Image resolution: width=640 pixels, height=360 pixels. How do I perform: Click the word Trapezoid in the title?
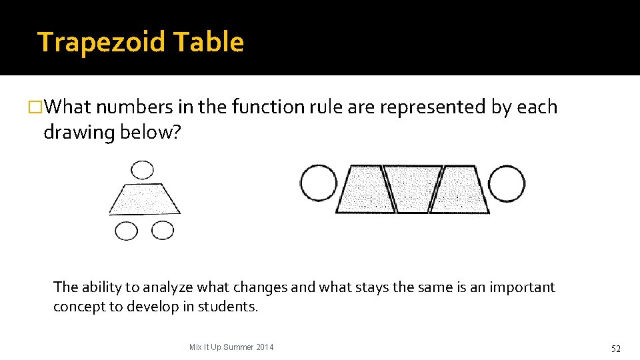(x=101, y=42)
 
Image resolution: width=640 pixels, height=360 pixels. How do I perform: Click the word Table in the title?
(x=208, y=42)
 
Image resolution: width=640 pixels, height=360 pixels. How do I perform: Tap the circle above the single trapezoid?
(x=142, y=170)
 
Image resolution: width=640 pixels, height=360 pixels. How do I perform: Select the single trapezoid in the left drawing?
(x=145, y=199)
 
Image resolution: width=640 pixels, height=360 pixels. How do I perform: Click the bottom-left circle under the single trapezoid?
(x=127, y=231)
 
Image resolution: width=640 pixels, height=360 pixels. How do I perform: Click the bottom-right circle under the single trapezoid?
(x=162, y=230)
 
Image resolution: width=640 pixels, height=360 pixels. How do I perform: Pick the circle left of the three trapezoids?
(x=318, y=183)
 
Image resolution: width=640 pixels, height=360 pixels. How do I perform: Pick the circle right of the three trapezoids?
(x=507, y=183)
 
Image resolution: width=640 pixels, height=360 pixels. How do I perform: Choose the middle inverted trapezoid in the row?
(x=413, y=188)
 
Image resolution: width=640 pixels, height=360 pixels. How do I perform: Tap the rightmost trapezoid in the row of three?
(x=460, y=189)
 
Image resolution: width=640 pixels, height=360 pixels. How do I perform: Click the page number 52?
(x=616, y=349)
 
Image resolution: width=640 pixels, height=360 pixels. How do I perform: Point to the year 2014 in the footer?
(x=265, y=347)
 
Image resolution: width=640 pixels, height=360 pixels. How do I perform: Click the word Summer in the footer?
(x=238, y=347)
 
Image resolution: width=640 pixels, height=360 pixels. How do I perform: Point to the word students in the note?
(x=227, y=307)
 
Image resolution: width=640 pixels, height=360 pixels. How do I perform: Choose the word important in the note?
(x=522, y=287)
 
